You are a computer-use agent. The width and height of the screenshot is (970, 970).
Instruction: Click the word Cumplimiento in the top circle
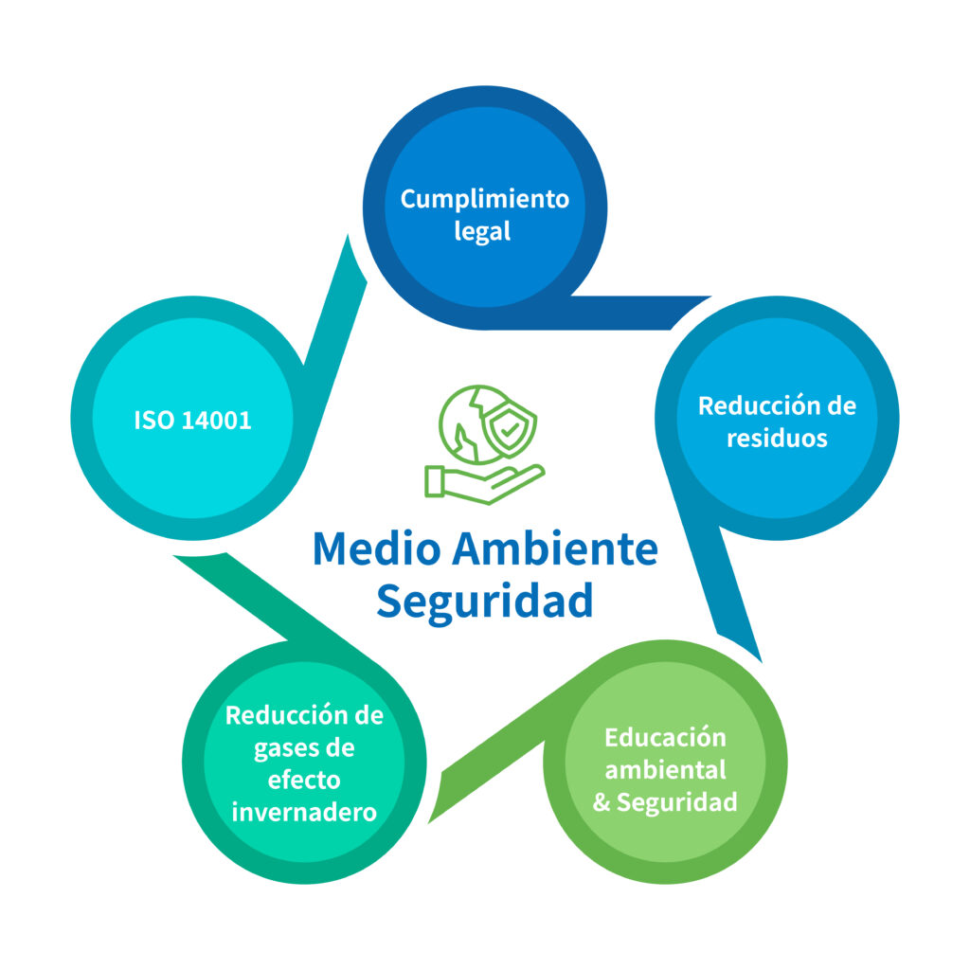click(485, 200)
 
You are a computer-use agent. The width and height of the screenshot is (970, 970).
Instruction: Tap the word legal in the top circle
click(482, 231)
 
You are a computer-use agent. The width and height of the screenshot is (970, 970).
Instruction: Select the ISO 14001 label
click(192, 421)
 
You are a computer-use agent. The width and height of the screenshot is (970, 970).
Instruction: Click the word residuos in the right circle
click(777, 439)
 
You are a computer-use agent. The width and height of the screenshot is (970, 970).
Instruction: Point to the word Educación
click(665, 738)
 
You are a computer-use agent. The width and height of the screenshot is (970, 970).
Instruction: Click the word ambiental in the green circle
click(665, 770)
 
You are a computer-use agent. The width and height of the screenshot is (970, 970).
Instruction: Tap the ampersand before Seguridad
click(602, 802)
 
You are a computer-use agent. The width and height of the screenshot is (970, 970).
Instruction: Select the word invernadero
click(304, 813)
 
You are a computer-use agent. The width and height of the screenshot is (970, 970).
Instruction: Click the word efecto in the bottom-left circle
click(304, 781)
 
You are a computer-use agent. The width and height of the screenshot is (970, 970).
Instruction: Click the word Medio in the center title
click(377, 548)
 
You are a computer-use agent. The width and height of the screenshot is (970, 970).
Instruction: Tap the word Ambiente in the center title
click(555, 548)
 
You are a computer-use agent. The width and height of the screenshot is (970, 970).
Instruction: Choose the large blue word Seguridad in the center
click(485, 602)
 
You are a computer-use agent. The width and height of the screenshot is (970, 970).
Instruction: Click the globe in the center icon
click(469, 424)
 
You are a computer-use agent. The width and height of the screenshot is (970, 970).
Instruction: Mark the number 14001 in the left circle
click(217, 421)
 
